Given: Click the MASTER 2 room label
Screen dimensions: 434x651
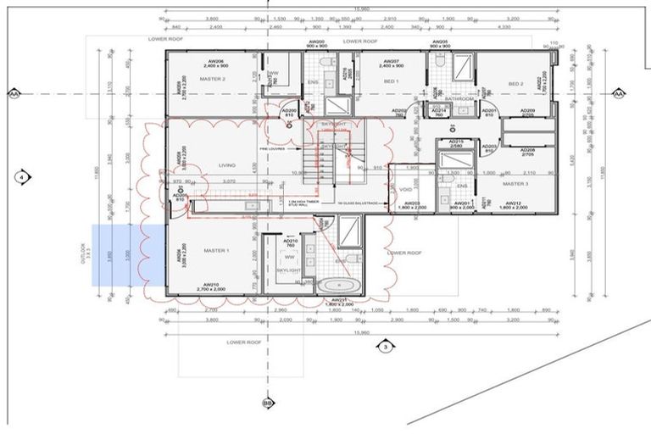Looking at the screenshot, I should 212,79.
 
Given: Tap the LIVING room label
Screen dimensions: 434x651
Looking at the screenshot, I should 226,165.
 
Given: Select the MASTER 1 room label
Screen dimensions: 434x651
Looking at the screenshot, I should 218,250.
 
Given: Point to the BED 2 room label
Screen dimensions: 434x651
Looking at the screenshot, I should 516,84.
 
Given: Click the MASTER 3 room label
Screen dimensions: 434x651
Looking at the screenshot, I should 515,183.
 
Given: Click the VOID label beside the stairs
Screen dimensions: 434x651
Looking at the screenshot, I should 405,189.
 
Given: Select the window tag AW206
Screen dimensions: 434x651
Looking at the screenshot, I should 212,62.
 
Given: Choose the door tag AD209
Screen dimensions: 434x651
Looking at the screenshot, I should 527,111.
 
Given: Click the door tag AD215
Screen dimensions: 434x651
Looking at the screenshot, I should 455,142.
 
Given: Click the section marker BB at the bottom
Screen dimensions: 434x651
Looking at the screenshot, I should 268,402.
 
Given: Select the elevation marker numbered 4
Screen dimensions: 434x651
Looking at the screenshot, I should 21,177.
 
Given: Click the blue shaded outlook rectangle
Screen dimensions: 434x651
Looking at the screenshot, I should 127,255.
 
